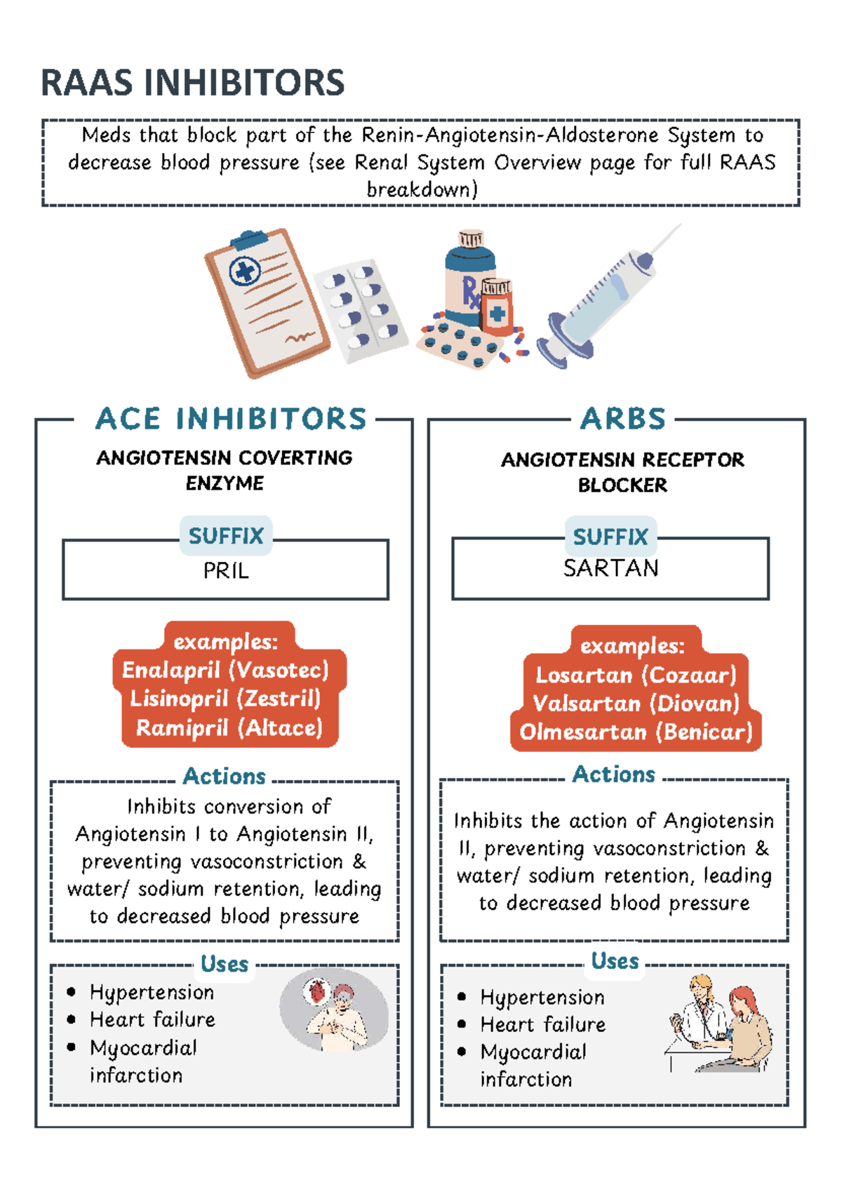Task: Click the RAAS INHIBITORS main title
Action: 193,83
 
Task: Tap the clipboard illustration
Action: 265,302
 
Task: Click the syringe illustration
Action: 603,298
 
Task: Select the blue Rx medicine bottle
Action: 467,281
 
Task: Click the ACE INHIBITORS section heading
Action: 231,419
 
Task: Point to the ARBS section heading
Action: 622,419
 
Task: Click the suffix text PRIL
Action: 226,571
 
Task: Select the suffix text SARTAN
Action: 610,568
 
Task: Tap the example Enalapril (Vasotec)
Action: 225,670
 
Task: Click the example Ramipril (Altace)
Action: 229,728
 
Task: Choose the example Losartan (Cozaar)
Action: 636,675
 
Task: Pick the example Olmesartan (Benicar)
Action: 636,732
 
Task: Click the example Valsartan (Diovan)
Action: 636,704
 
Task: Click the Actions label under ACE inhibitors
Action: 224,777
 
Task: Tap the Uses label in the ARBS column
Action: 615,961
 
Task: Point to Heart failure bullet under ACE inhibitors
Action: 152,1019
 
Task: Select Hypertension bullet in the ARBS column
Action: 542,997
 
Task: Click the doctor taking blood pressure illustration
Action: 719,1024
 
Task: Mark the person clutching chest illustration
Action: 335,1010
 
